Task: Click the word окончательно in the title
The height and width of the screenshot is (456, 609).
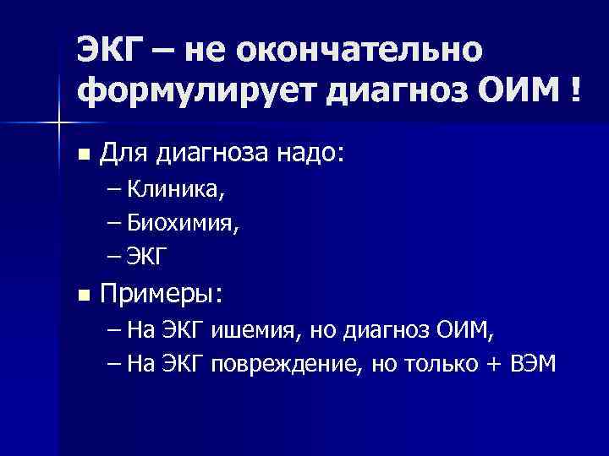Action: (x=361, y=50)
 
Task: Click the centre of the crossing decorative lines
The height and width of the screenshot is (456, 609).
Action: (x=58, y=123)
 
